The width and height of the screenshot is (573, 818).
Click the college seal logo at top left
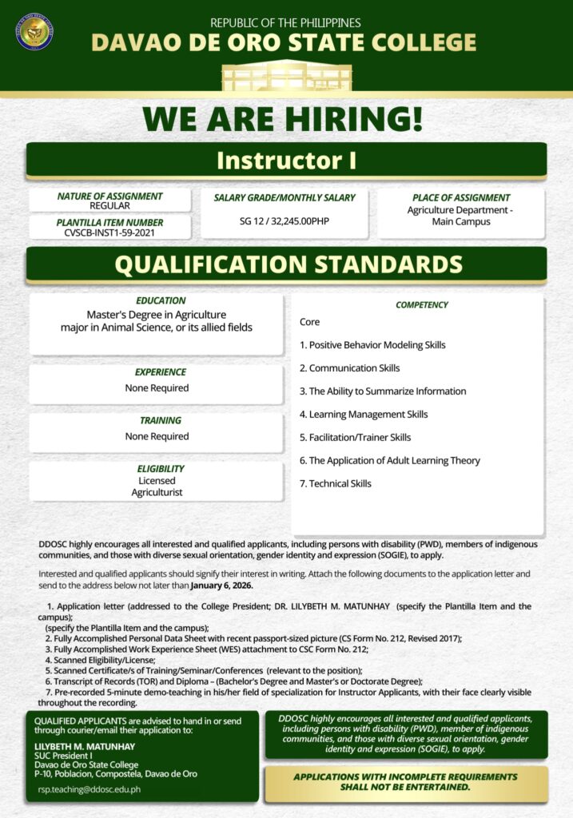coord(34,31)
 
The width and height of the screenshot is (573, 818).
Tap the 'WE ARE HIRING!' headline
coord(282,119)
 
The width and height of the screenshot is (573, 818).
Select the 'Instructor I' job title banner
coord(286,160)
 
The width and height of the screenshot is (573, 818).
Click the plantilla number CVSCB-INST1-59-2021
coord(109,232)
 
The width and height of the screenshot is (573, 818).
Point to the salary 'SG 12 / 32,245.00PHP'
coord(284,221)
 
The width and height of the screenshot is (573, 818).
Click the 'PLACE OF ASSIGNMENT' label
coord(461,197)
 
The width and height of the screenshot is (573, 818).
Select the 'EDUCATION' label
coord(161,301)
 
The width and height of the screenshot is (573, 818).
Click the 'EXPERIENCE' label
coord(160,372)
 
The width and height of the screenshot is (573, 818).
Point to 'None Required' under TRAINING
coord(157,436)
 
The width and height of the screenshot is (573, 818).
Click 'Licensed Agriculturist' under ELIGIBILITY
coord(157,486)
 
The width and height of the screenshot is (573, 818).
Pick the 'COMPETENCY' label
coord(422,305)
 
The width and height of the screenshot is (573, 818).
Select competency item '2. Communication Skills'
coord(349,368)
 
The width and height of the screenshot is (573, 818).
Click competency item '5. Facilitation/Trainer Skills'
coord(355,437)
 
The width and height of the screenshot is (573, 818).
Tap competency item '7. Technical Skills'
coord(336,483)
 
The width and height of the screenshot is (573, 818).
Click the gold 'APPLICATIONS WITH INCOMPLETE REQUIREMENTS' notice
coord(405,782)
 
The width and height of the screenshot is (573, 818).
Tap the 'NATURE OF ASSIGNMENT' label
coord(109,196)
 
